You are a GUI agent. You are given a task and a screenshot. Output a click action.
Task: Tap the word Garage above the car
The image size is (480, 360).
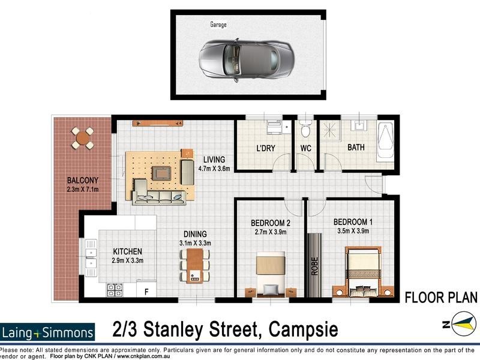pyautogui.click(x=218, y=25)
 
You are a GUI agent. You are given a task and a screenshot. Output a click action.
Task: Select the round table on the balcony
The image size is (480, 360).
pyautogui.click(x=83, y=138)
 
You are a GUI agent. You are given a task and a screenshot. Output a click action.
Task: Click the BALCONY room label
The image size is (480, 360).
pyautogui.click(x=83, y=180)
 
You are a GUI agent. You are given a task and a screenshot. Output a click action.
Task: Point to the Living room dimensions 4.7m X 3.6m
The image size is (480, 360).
pyautogui.click(x=214, y=169)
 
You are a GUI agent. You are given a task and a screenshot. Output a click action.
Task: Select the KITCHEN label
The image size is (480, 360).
pyautogui.click(x=128, y=251)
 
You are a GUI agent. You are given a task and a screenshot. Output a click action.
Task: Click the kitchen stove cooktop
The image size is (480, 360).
pyautogui.click(x=115, y=290)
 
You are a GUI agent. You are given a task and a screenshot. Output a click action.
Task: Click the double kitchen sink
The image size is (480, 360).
pyautogui.click(x=91, y=255)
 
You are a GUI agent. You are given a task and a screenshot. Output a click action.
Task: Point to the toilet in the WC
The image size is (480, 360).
pyautogui.click(x=305, y=127)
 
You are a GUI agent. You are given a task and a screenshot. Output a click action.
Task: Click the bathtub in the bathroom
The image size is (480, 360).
pyautogui.click(x=386, y=140)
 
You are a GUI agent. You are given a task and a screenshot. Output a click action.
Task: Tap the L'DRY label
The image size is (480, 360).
pyautogui.click(x=266, y=148)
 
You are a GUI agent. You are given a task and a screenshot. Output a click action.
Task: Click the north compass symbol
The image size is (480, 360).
pyautogui.click(x=459, y=324)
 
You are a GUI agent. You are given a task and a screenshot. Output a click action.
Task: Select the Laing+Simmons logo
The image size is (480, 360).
pyautogui.click(x=48, y=332)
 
